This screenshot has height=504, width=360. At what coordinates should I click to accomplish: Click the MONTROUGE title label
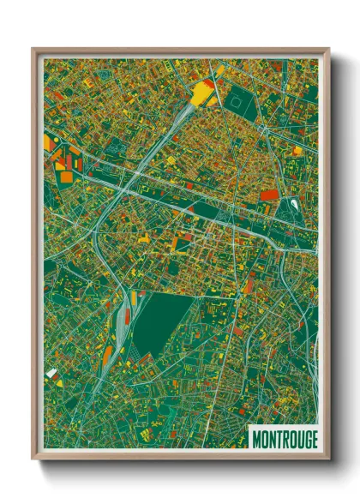283,439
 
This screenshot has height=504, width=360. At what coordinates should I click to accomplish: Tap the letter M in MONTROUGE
255,439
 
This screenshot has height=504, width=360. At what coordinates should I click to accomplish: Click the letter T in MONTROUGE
276,439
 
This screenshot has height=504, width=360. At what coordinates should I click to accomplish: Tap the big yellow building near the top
204,91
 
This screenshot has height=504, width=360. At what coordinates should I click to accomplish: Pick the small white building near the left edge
52,373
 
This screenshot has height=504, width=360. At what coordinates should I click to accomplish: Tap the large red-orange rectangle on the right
268,195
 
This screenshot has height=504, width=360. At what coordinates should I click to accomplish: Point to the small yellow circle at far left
49,138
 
